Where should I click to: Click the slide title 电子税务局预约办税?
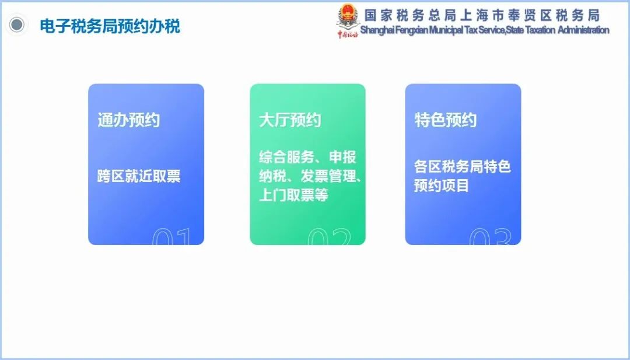coord(110,26)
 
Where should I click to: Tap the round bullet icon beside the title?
coord(17,25)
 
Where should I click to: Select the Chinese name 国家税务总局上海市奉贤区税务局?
coord(482,15)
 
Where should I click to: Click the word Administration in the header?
coord(583,30)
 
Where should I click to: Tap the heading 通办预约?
coord(128,120)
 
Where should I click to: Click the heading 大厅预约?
coord(290,120)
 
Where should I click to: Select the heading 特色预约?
coord(446,120)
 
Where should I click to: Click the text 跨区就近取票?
coord(139,176)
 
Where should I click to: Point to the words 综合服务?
coord(286,157)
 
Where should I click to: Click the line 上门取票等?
coord(293,195)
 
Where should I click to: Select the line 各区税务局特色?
coord(463,166)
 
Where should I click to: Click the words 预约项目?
coord(442,186)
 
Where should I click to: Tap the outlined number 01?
coord(171,236)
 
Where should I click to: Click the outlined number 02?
coord(330,236)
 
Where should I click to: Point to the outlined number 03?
coord(491,236)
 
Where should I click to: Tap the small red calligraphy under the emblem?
coord(348,34)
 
